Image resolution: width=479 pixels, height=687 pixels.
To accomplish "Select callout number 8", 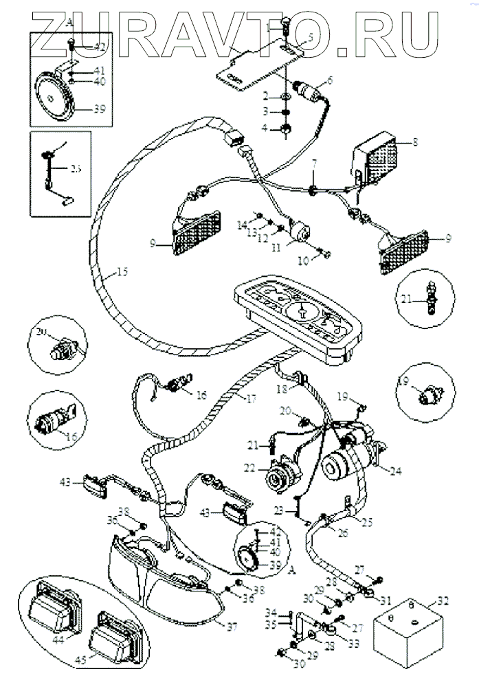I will (x=415, y=144).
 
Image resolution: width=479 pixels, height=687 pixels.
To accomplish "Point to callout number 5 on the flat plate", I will (x=310, y=39).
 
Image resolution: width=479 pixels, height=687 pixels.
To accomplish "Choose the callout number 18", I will (x=282, y=390).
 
